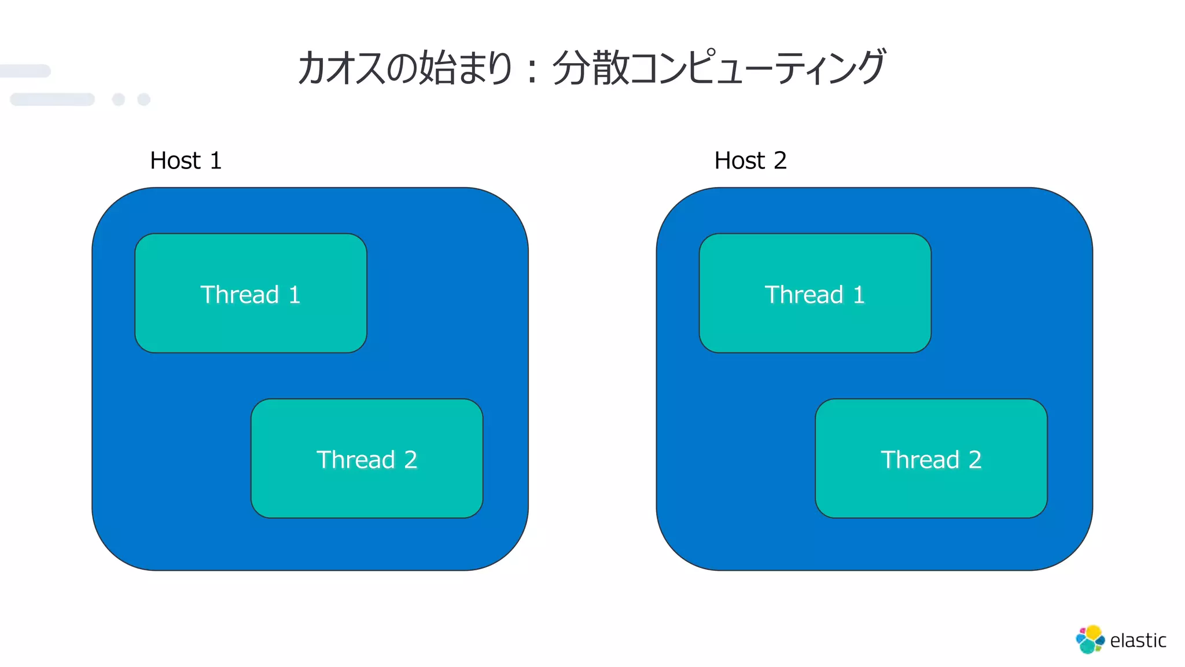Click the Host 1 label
pyautogui.click(x=185, y=160)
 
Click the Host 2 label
pyautogui.click(x=750, y=160)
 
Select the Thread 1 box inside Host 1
pyautogui.click(x=251, y=294)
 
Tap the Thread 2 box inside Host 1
pyautogui.click(x=367, y=459)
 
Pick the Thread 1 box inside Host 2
pyautogui.click(x=815, y=294)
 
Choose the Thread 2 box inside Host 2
pyautogui.click(x=931, y=459)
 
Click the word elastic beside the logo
pyautogui.click(x=1138, y=640)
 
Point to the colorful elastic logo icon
pyautogui.click(x=1090, y=639)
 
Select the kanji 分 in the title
pyautogui.click(x=571, y=68)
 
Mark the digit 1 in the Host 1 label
pyautogui.click(x=216, y=160)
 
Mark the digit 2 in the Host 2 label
pyautogui.click(x=780, y=160)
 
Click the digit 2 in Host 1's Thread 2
pyautogui.click(x=410, y=460)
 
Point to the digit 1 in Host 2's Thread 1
pyautogui.click(x=859, y=295)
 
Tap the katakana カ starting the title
pyautogui.click(x=312, y=68)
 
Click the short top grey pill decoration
pyautogui.click(x=25, y=71)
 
